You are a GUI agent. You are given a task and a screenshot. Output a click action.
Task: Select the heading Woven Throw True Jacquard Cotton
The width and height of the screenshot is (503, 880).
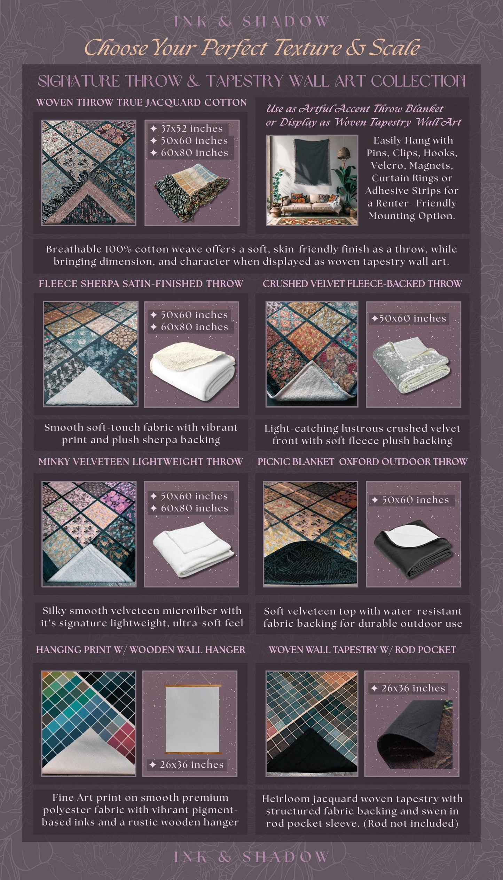141,103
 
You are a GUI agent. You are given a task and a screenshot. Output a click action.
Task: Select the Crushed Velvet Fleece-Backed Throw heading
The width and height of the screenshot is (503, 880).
362,284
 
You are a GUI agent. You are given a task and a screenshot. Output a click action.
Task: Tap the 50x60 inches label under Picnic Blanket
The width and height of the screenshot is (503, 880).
411,500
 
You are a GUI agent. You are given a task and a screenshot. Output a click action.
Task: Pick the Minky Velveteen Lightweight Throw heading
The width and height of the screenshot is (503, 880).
141,462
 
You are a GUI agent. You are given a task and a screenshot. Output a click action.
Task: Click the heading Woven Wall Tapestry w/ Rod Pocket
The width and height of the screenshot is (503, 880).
362,650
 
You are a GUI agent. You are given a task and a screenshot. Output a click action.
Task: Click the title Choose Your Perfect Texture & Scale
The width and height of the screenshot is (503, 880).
252,48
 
